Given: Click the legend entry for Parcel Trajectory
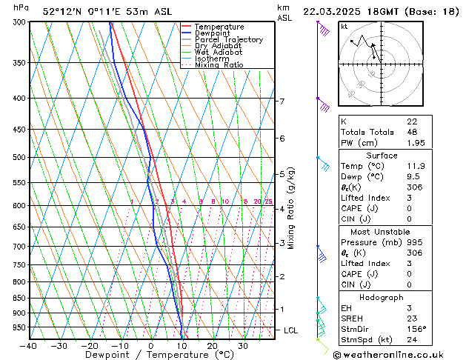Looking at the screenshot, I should point(228,39).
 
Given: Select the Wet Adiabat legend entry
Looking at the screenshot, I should point(220,52).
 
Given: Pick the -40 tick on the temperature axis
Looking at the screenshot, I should point(29,346).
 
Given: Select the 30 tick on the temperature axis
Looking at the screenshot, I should point(243,346).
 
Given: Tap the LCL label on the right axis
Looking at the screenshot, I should point(292,330).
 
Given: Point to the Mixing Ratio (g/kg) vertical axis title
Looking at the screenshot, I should point(292,208).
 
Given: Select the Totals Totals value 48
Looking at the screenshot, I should point(413,132).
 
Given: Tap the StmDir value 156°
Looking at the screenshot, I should point(416,329).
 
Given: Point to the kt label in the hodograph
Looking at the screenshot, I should point(344,27).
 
